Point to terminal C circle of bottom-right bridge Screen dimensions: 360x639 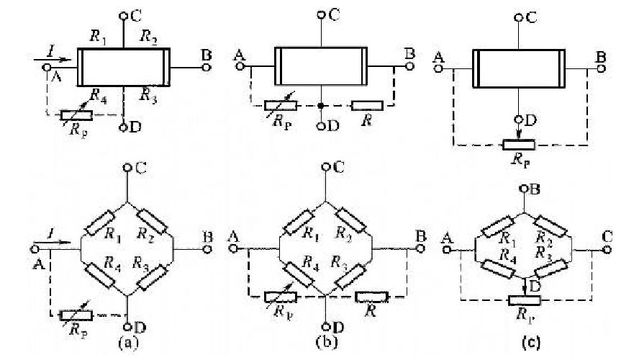click(607, 249)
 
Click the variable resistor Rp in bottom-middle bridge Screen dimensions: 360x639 click(280, 295)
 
